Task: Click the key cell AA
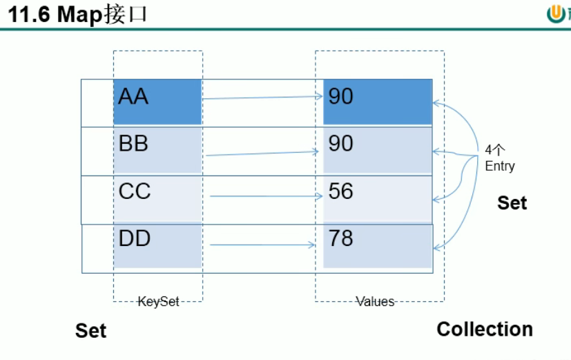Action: (157, 102)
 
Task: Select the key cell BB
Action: (157, 150)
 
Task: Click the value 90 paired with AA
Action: (377, 102)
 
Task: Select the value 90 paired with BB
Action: (377, 150)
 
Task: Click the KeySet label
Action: (158, 301)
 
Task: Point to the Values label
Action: (376, 301)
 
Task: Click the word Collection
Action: (485, 329)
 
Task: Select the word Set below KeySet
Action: (90, 331)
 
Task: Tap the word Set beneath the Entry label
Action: (512, 202)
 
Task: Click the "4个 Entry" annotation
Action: (499, 158)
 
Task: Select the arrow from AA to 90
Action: (262, 97)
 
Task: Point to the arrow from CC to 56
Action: (266, 196)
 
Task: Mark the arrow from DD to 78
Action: (262, 245)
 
